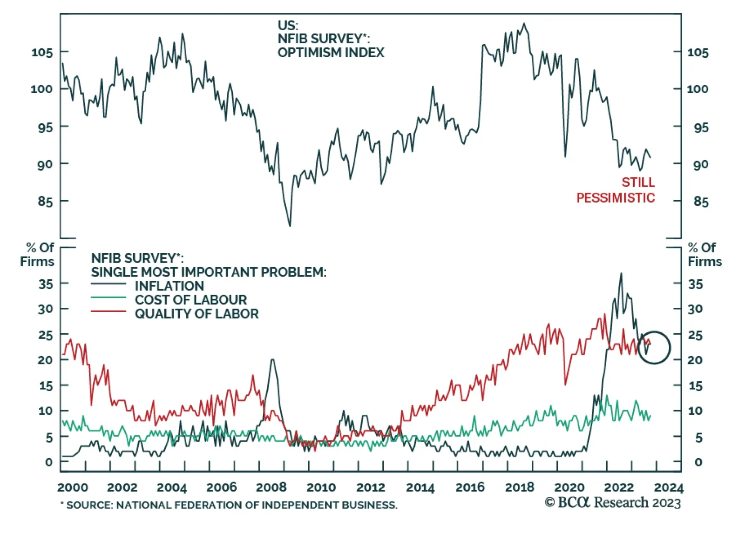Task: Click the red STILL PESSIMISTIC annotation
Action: (616, 190)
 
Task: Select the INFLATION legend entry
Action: (169, 285)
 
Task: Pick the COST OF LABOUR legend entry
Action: (190, 299)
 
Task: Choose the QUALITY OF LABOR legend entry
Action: (196, 313)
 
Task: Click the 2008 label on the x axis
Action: (271, 487)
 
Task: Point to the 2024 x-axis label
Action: (669, 487)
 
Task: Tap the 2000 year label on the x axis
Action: (73, 487)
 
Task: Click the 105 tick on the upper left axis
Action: (42, 52)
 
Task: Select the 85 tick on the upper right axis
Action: (701, 202)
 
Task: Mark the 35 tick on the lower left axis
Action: (46, 284)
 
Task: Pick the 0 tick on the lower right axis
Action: (698, 462)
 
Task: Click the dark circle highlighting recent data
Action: (654, 347)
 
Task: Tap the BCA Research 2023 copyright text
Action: (613, 503)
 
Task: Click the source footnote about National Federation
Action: (229, 505)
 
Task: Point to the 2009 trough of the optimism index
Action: (290, 226)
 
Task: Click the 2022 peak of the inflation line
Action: (621, 273)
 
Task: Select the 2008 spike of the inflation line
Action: (272, 359)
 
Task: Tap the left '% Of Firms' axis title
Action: (37, 254)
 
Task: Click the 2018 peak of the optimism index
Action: (524, 23)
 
